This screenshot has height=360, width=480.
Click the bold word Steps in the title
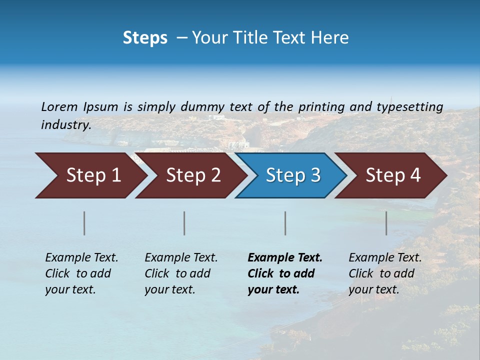(145, 38)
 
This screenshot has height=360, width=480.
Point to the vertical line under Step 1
(84, 223)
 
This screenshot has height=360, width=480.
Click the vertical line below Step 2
(184, 223)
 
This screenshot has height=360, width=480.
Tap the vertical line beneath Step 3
(285, 223)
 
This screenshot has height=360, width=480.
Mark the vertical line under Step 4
(386, 223)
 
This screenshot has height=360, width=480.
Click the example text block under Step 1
(81, 273)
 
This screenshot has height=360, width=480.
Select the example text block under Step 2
(181, 273)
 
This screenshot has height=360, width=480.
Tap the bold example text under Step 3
(285, 273)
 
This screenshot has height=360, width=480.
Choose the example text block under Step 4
(385, 273)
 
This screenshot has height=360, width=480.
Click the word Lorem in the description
(59, 107)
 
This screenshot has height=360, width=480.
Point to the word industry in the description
(65, 125)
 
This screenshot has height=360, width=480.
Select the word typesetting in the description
(409, 107)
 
